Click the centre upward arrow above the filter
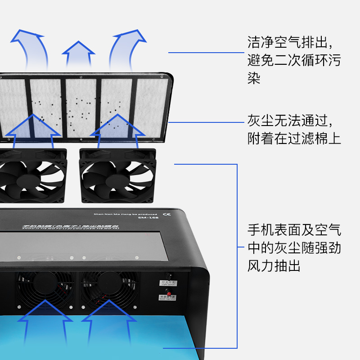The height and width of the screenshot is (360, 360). [79, 58]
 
